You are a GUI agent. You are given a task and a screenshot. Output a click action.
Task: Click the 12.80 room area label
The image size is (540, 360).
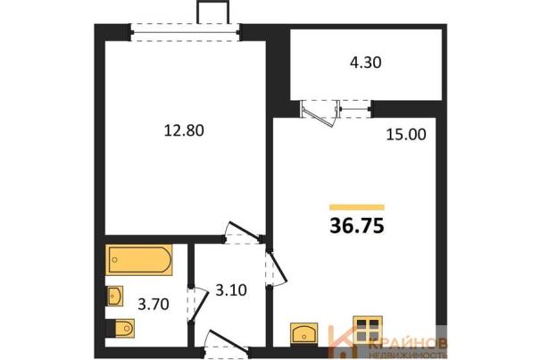184,130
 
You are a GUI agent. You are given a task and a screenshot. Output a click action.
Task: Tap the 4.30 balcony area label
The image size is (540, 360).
366,63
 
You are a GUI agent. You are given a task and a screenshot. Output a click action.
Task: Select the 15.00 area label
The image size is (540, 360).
406,135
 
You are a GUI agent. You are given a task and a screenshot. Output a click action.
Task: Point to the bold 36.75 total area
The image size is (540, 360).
357,226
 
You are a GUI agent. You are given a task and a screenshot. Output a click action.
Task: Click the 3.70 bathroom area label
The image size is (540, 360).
154,305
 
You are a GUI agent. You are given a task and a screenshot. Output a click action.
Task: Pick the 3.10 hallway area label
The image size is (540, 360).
231,290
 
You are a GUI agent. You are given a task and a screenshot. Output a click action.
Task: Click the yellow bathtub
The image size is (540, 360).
138,260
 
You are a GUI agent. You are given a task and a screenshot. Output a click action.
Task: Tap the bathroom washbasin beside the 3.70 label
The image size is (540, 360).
114,296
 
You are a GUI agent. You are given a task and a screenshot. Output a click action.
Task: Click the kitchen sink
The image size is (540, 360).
303,333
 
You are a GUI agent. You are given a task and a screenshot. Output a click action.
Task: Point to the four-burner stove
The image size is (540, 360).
368,331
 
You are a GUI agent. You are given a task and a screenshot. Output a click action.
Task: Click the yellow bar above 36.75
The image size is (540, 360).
357,207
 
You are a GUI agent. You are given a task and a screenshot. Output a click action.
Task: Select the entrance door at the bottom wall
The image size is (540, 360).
227,343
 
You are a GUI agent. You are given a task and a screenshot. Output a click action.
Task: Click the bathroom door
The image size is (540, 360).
199,305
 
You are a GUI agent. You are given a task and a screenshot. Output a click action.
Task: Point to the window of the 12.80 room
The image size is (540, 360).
185,33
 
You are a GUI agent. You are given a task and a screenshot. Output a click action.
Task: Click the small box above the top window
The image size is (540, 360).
212,13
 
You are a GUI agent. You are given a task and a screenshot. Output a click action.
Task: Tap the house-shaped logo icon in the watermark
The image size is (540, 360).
341,341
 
